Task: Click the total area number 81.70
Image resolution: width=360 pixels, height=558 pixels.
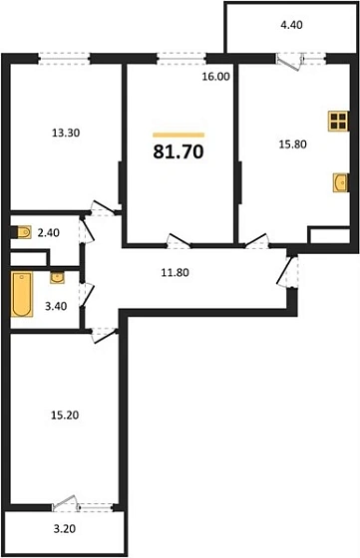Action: (x=179, y=153)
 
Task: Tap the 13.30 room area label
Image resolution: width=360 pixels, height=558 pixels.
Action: (x=68, y=131)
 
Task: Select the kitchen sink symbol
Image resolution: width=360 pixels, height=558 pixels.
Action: (x=340, y=183)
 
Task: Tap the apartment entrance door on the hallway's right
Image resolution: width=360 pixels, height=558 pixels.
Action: (x=289, y=270)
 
